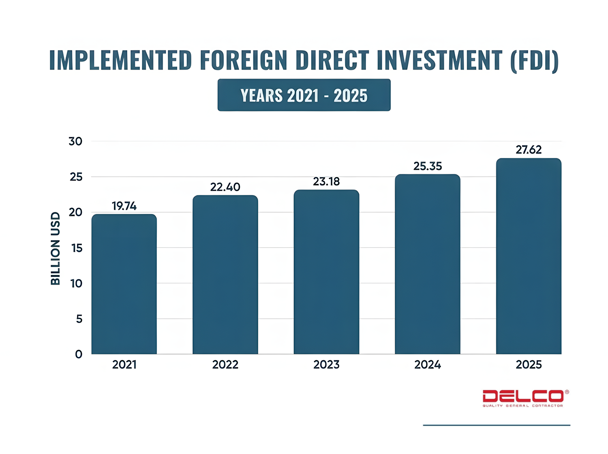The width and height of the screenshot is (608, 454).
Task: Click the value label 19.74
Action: pos(124,206)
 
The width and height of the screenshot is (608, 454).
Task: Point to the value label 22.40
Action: pos(225,187)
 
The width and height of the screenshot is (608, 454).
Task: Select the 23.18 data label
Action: pos(326,181)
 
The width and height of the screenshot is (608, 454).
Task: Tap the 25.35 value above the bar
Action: pos(428,166)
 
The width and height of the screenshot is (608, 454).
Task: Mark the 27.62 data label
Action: pos(529,150)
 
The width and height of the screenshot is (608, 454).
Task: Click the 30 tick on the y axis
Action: pos(75,141)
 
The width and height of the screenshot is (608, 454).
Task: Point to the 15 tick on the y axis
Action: pos(77,248)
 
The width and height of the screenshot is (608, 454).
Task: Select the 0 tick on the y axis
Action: pos(79,354)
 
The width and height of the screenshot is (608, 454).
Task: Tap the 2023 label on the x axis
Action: pos(326,364)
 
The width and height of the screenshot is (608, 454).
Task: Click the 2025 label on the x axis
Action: pos(529,364)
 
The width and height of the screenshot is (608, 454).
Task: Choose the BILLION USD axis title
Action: pos(56,248)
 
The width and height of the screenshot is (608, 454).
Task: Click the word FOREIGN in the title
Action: pos(244,60)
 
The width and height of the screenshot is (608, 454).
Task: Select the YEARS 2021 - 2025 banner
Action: pos(304,95)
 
